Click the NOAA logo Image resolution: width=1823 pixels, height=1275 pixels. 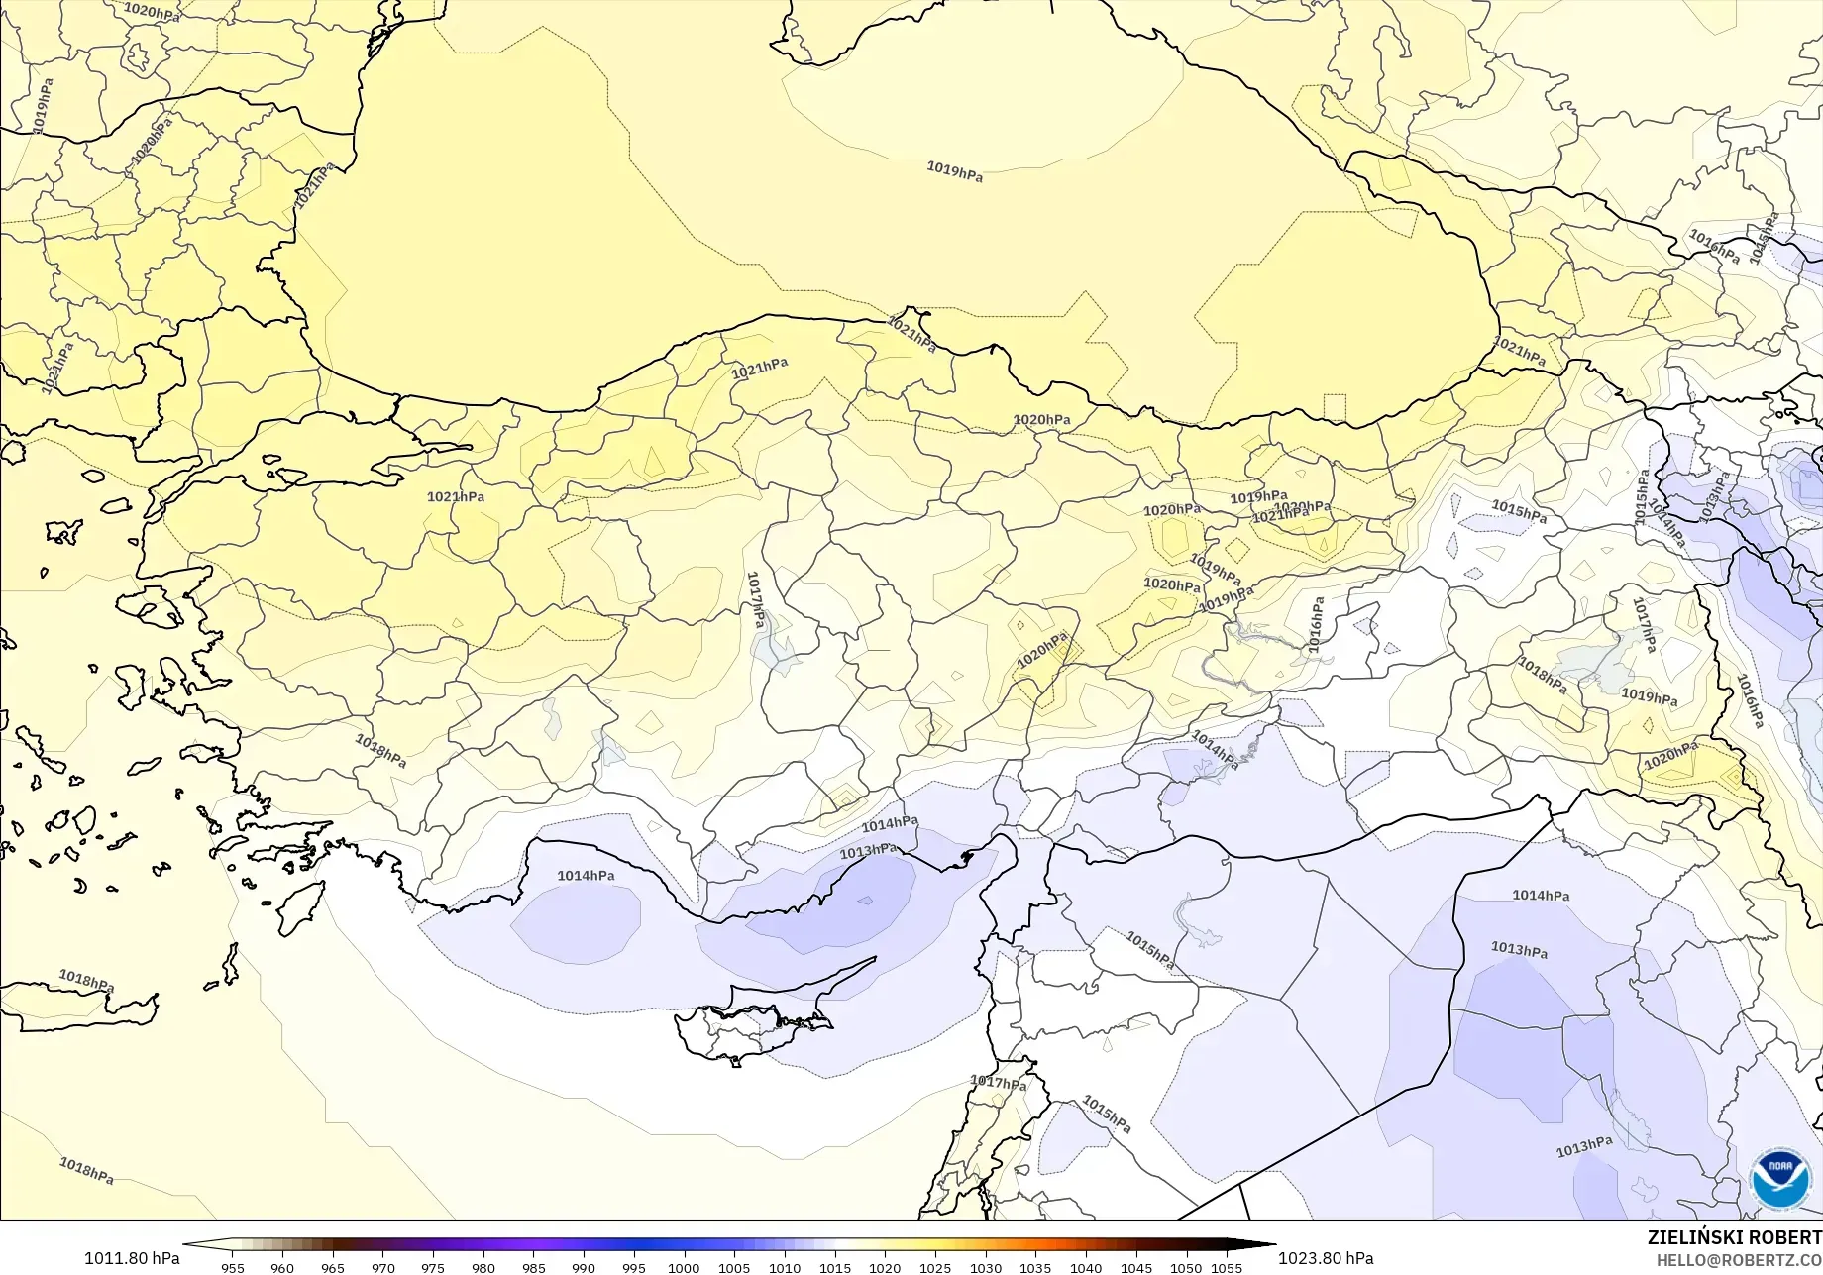[x=1781, y=1179]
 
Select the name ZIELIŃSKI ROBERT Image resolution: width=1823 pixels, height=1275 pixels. [x=1734, y=1237]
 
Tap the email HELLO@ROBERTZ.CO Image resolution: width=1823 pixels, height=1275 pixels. [x=1739, y=1259]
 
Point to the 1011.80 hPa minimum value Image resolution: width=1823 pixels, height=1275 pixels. [x=132, y=1258]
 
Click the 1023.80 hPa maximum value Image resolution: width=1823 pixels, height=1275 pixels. [x=1325, y=1258]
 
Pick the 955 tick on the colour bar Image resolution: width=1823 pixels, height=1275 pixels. [x=233, y=1268]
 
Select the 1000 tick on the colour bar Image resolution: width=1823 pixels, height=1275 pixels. [x=684, y=1268]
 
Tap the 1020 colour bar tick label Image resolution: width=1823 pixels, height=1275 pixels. [x=885, y=1268]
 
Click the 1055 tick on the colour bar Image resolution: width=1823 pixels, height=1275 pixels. [x=1227, y=1268]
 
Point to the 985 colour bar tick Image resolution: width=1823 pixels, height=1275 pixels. [x=533, y=1268]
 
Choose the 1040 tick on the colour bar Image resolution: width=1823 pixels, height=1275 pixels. [x=1086, y=1268]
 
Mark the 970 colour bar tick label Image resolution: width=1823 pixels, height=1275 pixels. [x=382, y=1268]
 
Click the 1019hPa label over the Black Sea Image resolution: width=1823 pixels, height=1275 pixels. [x=955, y=171]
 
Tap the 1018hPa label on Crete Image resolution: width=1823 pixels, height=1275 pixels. [x=86, y=981]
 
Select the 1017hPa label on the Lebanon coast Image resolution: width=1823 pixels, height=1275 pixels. [x=998, y=1083]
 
